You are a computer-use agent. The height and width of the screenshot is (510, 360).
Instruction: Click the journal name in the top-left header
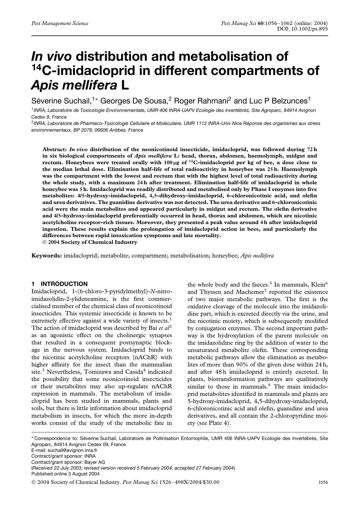click(60, 23)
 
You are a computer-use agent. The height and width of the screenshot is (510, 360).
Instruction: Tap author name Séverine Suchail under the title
click(61, 101)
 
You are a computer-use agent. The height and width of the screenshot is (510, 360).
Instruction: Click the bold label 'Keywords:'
click(46, 256)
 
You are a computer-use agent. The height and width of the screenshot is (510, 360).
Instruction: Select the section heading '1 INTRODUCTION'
click(60, 284)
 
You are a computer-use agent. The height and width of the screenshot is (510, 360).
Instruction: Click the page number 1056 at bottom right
click(323, 482)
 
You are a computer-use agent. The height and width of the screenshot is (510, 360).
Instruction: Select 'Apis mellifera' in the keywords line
click(257, 256)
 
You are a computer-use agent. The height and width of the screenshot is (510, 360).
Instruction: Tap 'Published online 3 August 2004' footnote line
click(65, 474)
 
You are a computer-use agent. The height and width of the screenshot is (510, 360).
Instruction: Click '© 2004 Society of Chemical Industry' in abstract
click(90, 242)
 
